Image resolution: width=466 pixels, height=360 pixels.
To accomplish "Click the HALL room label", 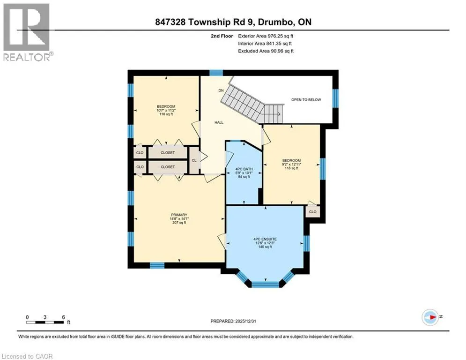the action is [x=219, y=122].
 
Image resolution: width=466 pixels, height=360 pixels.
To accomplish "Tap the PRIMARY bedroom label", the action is [x=179, y=215].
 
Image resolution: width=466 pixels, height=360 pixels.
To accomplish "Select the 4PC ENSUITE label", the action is [x=265, y=239].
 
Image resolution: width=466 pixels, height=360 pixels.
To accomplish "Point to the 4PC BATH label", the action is [x=244, y=169].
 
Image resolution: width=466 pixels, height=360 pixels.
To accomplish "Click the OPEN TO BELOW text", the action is [x=306, y=100].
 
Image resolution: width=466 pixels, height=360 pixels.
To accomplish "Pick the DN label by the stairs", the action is [x=221, y=90].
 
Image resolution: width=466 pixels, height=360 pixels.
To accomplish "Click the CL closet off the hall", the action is [x=194, y=160].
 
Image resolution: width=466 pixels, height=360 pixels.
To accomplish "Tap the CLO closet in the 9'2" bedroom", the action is [x=313, y=212].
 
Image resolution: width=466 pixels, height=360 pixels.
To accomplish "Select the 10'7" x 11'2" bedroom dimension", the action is [x=166, y=110].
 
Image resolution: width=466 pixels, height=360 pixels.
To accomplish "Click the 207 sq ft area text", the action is [x=179, y=223].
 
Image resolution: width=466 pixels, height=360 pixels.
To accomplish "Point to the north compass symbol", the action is [x=430, y=317].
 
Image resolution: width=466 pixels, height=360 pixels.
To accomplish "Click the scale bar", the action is [x=45, y=322].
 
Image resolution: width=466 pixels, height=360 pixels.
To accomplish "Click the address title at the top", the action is [x=233, y=22].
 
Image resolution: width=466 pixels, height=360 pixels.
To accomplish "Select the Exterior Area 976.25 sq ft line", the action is [x=266, y=36].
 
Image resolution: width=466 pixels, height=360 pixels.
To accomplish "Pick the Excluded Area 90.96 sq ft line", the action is [x=266, y=51].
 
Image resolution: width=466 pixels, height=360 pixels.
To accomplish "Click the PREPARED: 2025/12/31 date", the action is [x=233, y=321].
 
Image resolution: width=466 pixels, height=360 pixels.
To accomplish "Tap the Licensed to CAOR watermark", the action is [x=27, y=356].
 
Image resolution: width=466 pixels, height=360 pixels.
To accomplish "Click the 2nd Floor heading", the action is [x=222, y=36].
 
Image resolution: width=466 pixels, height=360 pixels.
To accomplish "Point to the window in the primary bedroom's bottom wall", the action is [x=157, y=265].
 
